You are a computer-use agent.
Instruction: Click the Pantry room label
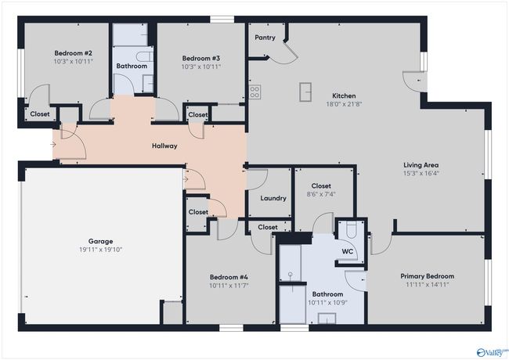tap(265, 38)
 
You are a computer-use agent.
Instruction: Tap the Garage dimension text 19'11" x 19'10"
tap(101, 250)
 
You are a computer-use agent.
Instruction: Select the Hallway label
tap(164, 146)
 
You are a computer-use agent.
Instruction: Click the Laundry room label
tap(273, 198)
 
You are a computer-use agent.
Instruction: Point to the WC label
tap(348, 252)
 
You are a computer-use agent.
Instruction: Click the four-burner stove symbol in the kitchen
tap(254, 92)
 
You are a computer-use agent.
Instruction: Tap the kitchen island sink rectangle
tap(305, 92)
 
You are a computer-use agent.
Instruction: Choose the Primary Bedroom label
tap(428, 276)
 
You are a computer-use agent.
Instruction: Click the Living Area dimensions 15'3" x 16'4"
tap(421, 173)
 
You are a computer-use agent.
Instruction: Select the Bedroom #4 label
tap(229, 277)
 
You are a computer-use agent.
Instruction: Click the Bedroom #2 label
tap(74, 53)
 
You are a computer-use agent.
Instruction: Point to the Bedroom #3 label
tap(201, 59)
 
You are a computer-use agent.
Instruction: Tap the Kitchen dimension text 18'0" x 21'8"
tap(344, 104)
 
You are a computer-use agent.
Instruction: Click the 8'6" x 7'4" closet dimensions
tap(321, 194)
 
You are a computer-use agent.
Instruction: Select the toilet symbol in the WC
tap(352, 229)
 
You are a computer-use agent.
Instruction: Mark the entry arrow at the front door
tap(53, 144)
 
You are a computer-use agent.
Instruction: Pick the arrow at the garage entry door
tap(186, 179)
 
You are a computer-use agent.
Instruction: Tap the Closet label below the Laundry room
tap(268, 228)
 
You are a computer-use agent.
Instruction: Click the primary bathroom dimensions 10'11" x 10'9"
tap(327, 303)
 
